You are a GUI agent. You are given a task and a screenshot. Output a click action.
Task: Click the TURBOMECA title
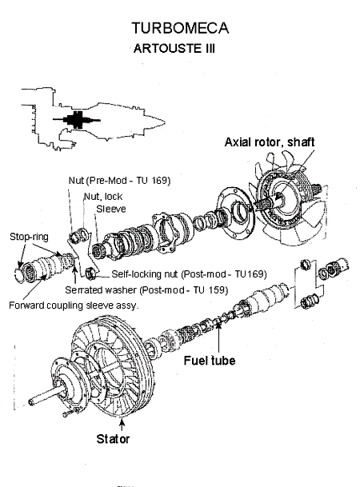[180, 28]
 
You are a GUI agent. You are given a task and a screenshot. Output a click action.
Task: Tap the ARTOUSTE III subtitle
[174, 49]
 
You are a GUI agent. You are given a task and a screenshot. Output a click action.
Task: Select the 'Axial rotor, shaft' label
[270, 142]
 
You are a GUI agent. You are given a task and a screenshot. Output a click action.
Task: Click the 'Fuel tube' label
[210, 361]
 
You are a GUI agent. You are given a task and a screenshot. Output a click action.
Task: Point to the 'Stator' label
[113, 439]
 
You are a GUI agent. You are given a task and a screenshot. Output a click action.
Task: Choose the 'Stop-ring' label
[29, 237]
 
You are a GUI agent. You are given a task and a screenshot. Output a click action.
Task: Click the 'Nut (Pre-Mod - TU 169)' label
[119, 181]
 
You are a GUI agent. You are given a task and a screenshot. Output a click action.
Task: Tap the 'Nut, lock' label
[103, 197]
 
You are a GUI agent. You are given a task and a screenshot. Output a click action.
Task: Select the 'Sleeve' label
[111, 209]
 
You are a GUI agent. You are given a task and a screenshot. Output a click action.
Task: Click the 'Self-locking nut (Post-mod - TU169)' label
[189, 274]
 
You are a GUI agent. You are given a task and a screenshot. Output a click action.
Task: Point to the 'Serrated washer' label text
[101, 290]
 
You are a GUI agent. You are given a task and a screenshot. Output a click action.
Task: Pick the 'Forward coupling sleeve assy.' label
[74, 305]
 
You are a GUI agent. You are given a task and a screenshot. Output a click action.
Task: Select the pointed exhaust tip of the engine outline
[163, 122]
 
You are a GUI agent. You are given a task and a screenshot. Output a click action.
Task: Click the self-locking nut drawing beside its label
[90, 272]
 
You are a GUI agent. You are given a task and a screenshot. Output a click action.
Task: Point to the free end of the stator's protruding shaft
[31, 402]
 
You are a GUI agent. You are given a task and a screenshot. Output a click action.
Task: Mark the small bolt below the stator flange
[67, 413]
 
